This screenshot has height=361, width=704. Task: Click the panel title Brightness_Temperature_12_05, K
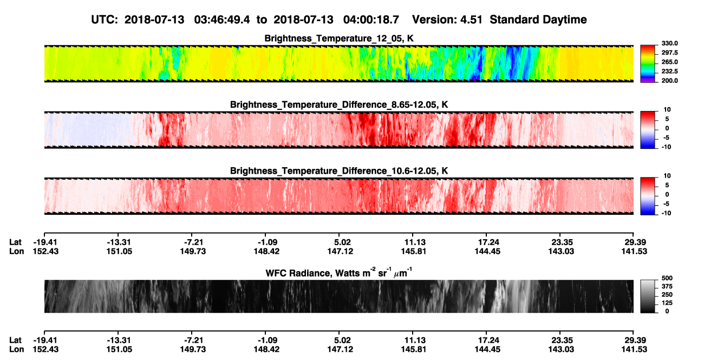339,38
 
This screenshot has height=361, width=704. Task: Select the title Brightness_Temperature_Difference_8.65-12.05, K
339,104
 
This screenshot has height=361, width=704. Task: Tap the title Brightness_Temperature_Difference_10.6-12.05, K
339,171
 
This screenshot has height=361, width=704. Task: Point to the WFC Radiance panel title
339,273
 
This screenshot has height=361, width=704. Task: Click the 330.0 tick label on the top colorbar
669,43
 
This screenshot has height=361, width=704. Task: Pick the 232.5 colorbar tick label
669,71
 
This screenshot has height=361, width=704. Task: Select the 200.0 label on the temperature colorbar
669,81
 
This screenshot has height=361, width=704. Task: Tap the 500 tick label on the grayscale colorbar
667,278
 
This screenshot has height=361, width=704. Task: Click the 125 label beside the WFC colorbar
667,303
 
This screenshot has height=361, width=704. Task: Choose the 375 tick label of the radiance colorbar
667,286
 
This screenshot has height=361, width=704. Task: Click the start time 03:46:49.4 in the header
222,20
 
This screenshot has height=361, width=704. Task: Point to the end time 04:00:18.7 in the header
371,20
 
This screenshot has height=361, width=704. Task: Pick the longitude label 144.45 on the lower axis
487,350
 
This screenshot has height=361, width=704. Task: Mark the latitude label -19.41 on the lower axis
46,340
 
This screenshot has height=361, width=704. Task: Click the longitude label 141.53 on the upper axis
634,251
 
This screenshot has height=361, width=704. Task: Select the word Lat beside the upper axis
15,242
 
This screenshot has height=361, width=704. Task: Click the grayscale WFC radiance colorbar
648,296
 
